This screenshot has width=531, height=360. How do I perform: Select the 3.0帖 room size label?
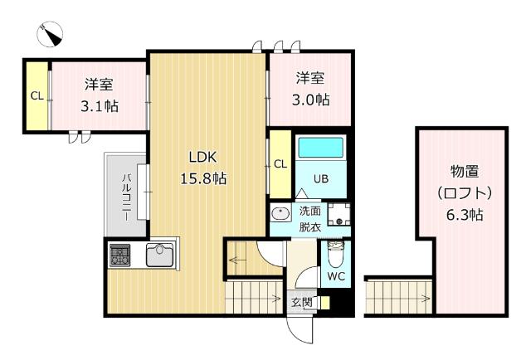(x=312, y=100)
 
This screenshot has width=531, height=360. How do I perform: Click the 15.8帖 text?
(x=204, y=178)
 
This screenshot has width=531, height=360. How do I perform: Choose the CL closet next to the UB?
(x=280, y=163)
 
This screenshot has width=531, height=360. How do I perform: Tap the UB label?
(x=321, y=178)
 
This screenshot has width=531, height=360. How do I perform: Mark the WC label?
(x=336, y=275)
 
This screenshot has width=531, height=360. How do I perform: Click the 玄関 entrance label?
(x=301, y=303)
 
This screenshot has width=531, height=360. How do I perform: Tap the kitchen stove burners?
(x=119, y=254)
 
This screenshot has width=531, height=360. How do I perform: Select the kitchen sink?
(x=162, y=255)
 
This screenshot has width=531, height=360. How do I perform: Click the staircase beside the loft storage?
(x=398, y=297)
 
